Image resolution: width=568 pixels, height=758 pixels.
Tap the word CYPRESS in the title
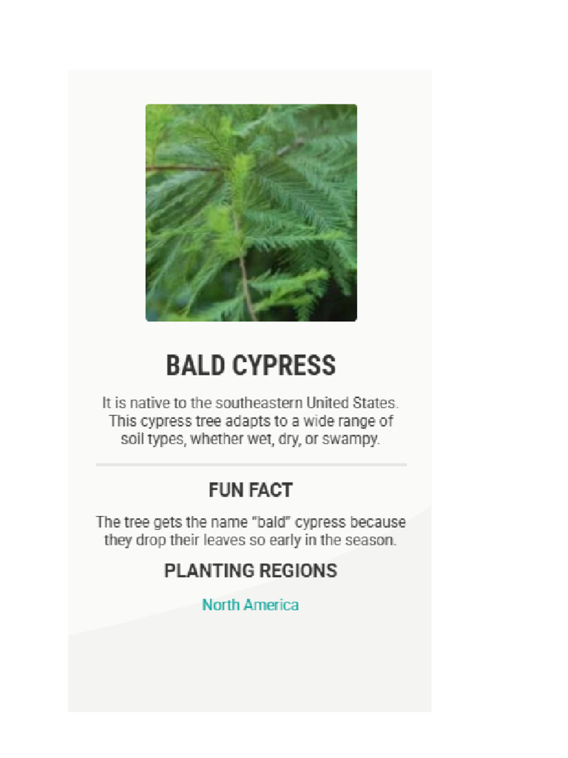[283, 366]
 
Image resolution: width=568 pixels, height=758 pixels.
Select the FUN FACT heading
[251, 490]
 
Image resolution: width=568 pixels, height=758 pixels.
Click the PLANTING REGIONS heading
[251, 571]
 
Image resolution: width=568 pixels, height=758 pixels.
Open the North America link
[251, 605]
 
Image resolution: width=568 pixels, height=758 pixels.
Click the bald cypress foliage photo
[251, 212]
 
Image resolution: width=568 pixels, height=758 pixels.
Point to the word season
[371, 540]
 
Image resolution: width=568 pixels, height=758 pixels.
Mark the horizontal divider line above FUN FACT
[251, 465]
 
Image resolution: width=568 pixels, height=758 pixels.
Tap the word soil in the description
[132, 439]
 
